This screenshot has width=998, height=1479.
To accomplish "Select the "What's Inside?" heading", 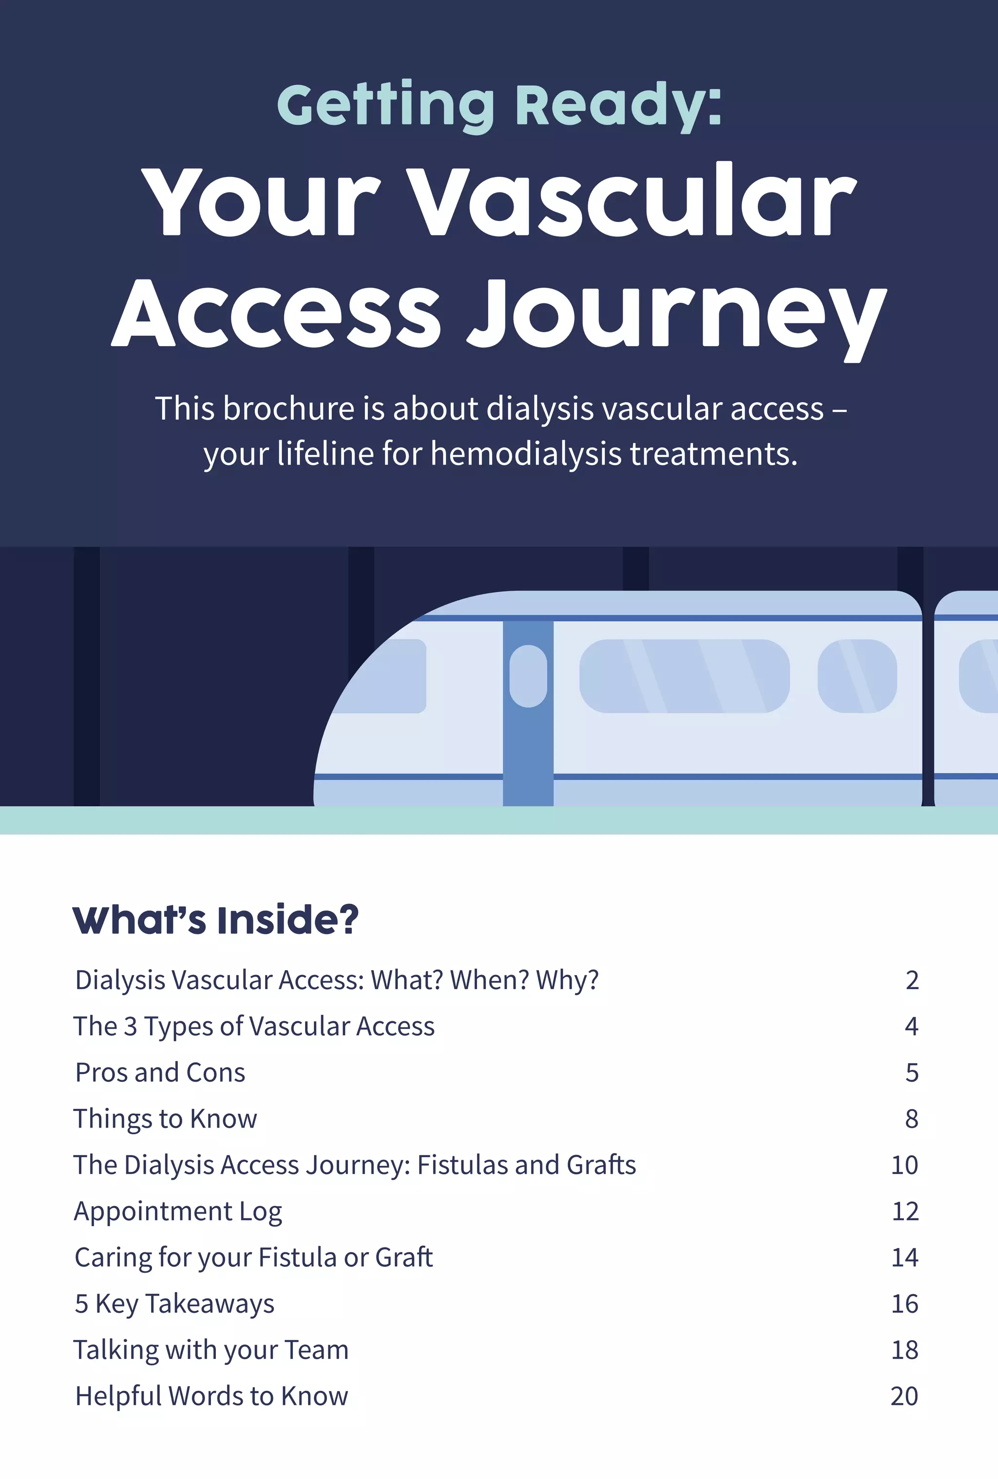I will pyautogui.click(x=215, y=920).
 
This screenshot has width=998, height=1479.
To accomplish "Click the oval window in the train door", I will pyautogui.click(x=528, y=676).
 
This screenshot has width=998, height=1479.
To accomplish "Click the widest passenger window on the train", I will pyautogui.click(x=684, y=676).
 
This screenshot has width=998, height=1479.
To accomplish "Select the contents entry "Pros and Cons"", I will pyautogui.click(x=160, y=1073).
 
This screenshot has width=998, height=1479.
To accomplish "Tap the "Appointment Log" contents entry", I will pyautogui.click(x=178, y=1211).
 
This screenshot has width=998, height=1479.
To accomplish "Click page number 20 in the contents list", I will pyautogui.click(x=904, y=1396).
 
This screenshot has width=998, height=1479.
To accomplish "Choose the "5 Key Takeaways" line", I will pyautogui.click(x=174, y=1304).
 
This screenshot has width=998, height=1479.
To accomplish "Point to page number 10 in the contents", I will pyautogui.click(x=904, y=1165).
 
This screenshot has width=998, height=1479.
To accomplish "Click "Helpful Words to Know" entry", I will pyautogui.click(x=211, y=1396).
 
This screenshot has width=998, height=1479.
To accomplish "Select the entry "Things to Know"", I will pyautogui.click(x=165, y=1119).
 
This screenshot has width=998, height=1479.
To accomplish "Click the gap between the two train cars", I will pyautogui.click(x=928, y=700).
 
